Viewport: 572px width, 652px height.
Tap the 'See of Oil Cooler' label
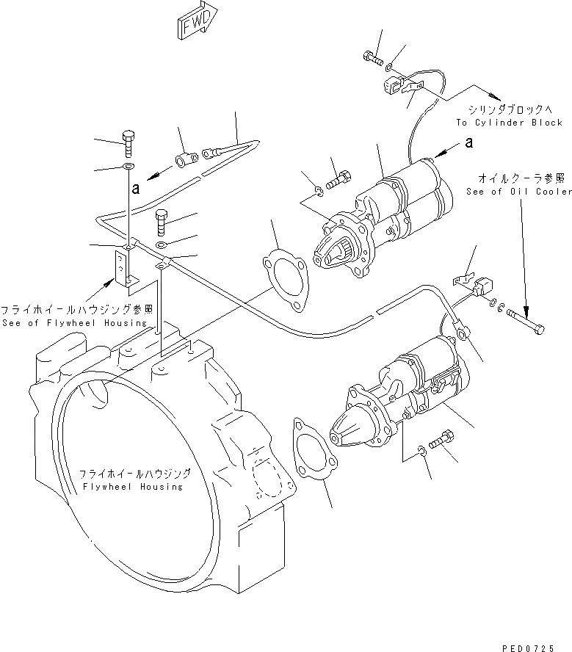click(518, 192)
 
